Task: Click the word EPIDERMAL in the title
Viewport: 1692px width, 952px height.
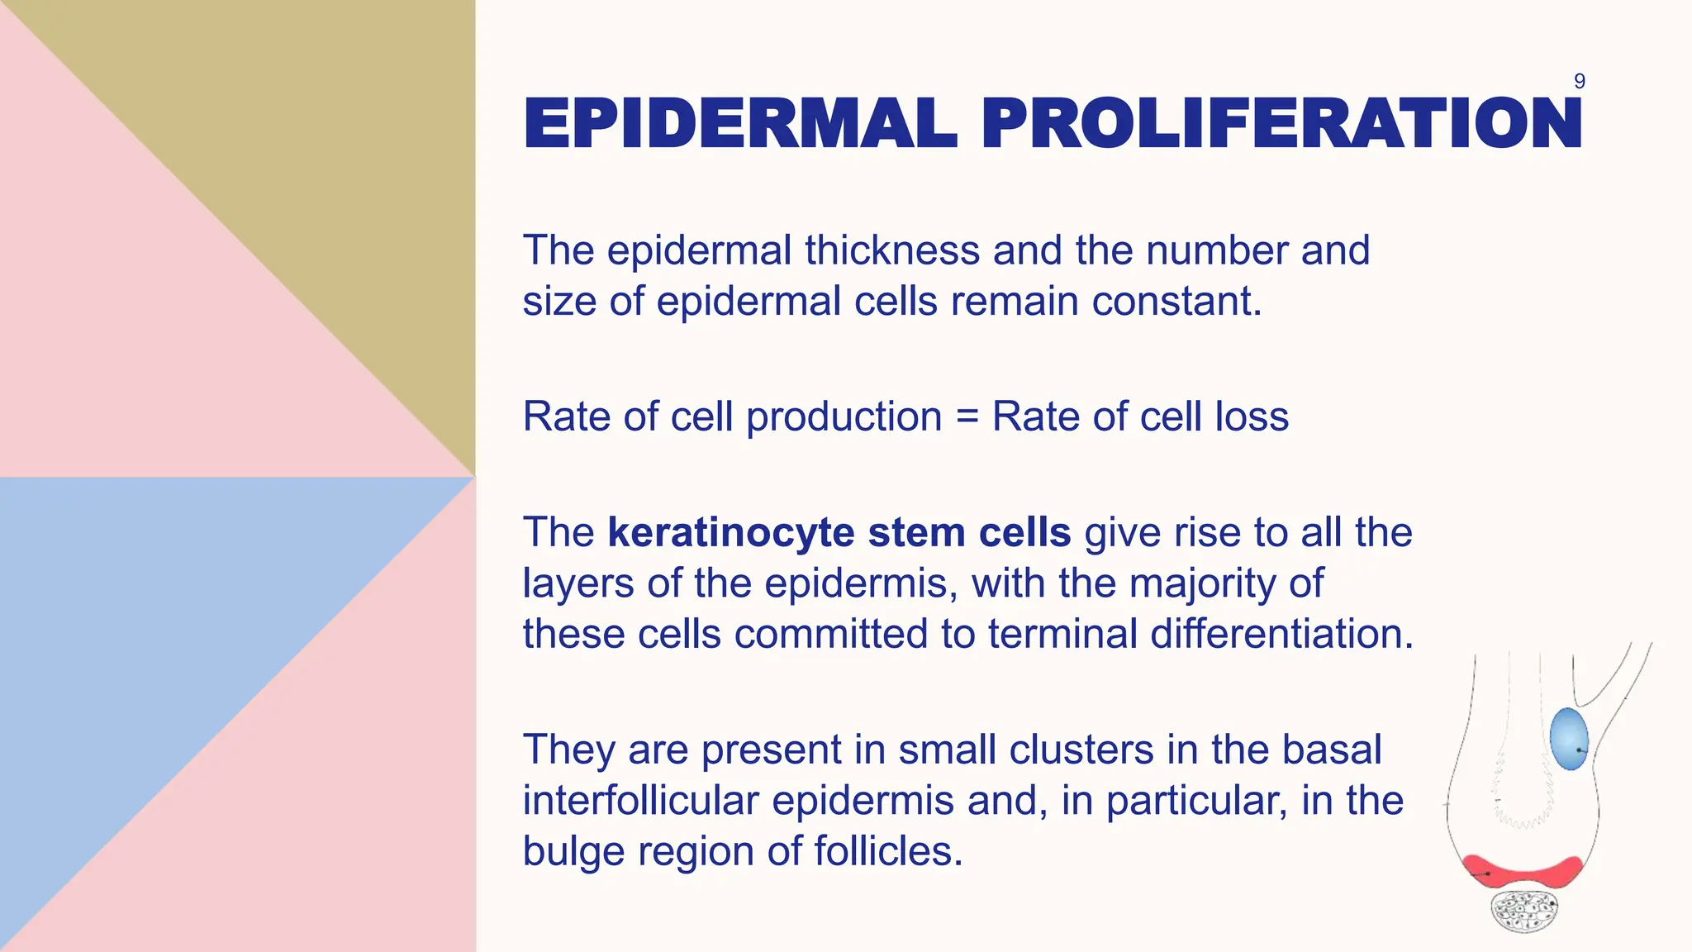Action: pos(739,124)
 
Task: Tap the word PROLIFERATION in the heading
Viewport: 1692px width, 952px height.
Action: pos(1281,124)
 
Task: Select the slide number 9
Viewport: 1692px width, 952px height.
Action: pos(1579,81)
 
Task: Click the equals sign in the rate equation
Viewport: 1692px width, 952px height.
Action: pos(967,416)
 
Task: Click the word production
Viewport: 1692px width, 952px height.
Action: pos(844,416)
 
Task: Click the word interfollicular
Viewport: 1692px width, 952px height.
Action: pos(640,801)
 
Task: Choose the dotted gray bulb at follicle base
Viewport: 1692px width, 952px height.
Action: pos(1524,912)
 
